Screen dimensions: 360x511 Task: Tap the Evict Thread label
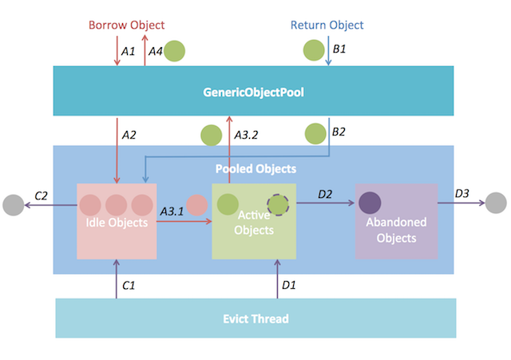255,318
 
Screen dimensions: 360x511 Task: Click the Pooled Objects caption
255,169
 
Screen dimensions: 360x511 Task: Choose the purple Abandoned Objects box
396,221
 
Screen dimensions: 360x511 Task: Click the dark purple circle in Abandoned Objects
370,204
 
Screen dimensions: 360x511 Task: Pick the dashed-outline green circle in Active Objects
277,204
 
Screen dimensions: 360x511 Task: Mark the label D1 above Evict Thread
289,283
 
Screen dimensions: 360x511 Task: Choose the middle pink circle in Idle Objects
116,204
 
